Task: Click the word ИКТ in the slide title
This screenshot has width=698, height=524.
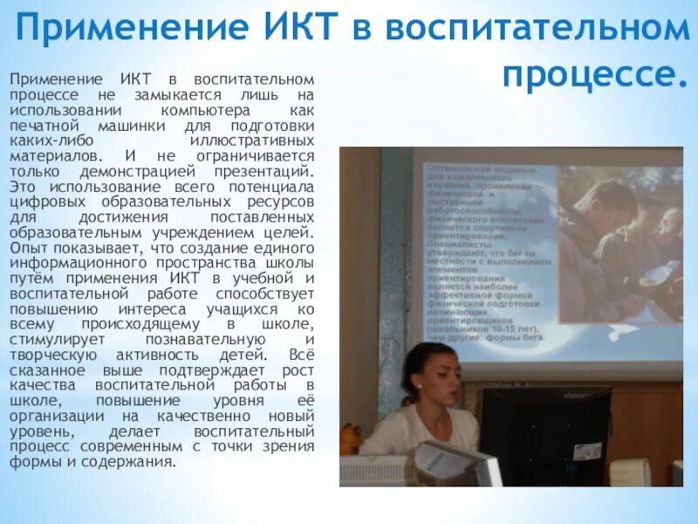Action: point(295,28)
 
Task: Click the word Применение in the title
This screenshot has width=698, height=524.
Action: point(131,28)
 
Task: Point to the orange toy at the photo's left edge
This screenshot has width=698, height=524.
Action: point(350,437)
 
